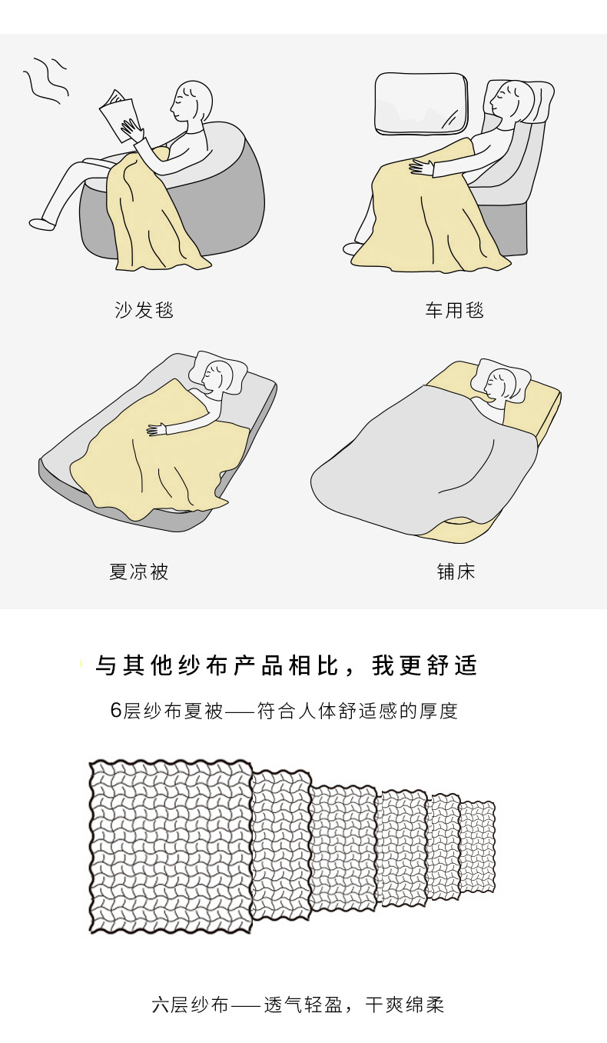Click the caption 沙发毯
coord(144,310)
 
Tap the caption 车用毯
coord(454,310)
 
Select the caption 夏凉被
coord(138,571)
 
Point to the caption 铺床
coord(456,571)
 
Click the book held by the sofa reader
coord(118,115)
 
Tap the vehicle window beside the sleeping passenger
coord(421,103)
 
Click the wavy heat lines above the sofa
coord(45,80)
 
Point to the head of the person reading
coord(191,102)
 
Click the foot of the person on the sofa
coord(41,224)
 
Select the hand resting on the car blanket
coord(421,167)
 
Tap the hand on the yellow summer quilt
coord(157,429)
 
